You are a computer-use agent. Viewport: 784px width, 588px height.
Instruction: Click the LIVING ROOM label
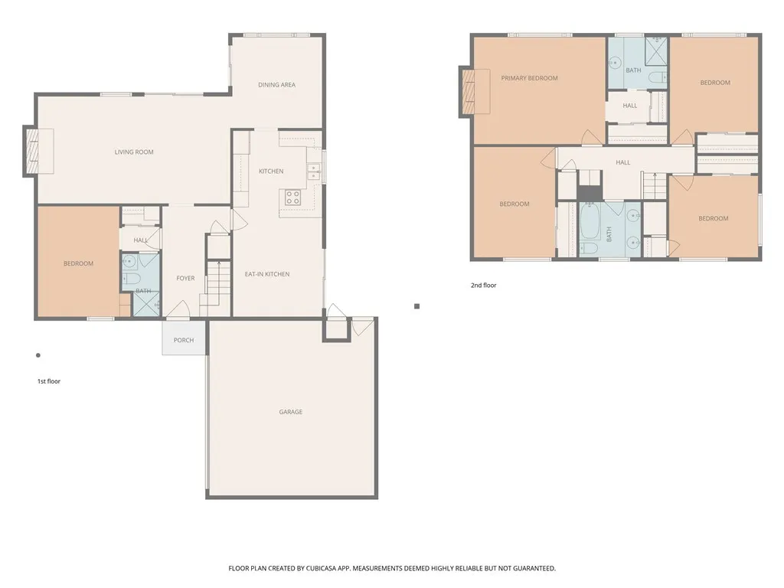[x=134, y=152]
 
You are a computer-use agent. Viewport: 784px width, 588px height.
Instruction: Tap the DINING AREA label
[x=276, y=85]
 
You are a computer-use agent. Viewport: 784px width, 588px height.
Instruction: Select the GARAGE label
[x=290, y=412]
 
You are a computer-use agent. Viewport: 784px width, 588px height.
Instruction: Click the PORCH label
[x=184, y=340]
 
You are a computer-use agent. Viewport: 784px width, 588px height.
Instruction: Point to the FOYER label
[x=185, y=279]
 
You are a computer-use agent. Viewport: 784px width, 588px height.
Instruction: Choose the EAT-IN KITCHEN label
[x=266, y=274]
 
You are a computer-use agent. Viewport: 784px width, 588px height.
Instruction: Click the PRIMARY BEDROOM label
[x=529, y=78]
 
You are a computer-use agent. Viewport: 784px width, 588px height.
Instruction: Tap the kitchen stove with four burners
[x=293, y=198]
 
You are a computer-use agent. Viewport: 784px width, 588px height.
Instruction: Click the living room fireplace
[x=33, y=152]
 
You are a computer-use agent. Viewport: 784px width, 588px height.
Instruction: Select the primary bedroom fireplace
[x=468, y=92]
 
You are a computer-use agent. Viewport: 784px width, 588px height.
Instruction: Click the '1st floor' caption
[x=49, y=381]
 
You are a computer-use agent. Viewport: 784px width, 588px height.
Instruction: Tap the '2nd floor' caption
[x=483, y=286]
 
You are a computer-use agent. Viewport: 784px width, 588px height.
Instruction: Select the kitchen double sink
[x=313, y=171]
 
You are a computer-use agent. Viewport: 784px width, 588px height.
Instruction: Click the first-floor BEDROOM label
[x=78, y=263]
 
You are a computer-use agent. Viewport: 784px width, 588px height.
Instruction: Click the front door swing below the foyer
[x=178, y=311]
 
